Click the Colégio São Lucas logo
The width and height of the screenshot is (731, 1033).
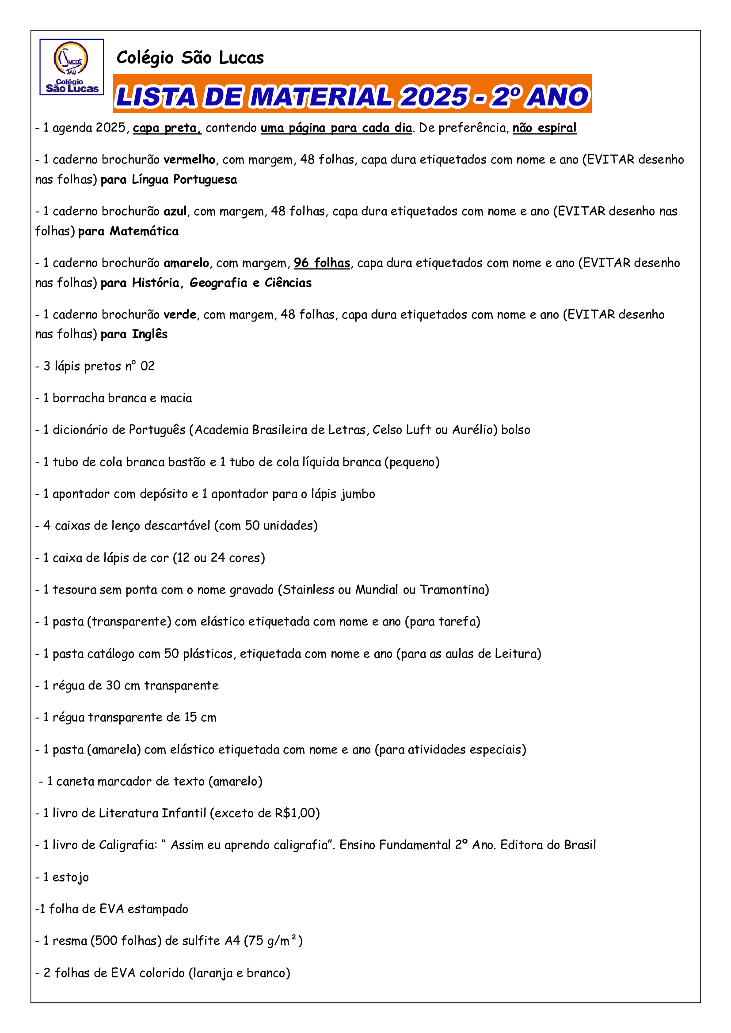click(x=72, y=67)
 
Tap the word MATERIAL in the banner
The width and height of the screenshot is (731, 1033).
click(x=321, y=97)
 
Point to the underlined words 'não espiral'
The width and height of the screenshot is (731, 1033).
click(x=544, y=128)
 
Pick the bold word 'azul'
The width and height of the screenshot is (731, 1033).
click(x=175, y=212)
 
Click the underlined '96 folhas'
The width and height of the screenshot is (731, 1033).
click(x=322, y=263)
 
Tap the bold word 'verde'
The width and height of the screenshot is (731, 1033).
click(x=179, y=314)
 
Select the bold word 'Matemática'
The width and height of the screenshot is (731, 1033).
click(x=144, y=231)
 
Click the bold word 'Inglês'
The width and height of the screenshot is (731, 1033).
click(x=149, y=334)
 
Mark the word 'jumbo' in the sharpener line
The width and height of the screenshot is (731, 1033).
click(x=358, y=494)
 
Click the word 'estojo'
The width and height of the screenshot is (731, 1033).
click(x=71, y=878)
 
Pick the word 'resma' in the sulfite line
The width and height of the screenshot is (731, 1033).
click(x=70, y=941)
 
